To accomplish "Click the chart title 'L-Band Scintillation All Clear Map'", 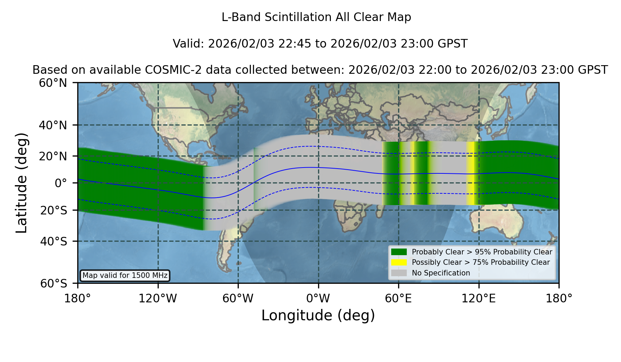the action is [x=316, y=17].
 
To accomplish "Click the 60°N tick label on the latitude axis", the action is [x=53, y=83].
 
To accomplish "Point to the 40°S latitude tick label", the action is [x=53, y=241].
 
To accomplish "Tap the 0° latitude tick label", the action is [x=61, y=183].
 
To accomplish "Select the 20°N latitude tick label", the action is [x=53, y=156].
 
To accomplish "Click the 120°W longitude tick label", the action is [x=158, y=299].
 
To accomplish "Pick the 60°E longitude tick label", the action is [x=398, y=299].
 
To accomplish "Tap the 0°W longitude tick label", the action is [x=318, y=299].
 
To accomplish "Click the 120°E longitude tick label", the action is [x=479, y=299].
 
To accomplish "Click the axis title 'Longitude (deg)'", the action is [x=318, y=315].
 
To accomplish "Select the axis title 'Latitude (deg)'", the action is [x=21, y=183].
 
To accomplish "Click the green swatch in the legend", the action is [x=399, y=252].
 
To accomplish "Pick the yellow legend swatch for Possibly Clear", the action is [x=399, y=262].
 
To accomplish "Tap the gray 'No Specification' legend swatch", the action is [x=399, y=273].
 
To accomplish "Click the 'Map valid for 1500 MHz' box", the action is [x=125, y=275].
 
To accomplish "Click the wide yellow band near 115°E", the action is [x=472, y=173].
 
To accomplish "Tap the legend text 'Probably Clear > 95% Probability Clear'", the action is [x=482, y=252].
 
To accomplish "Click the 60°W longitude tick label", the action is [x=238, y=299].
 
